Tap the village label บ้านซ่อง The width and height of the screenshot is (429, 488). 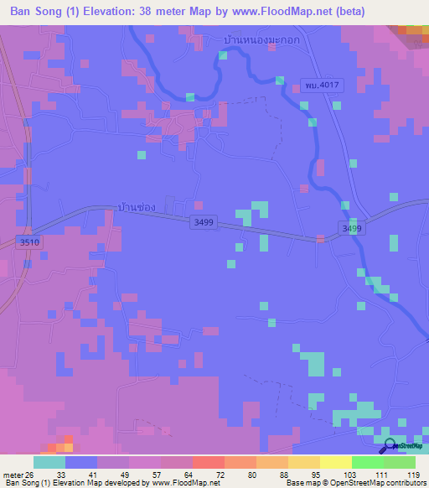click(138, 206)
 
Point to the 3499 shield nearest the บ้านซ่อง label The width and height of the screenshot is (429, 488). click(204, 222)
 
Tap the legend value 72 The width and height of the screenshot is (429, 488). click(219, 474)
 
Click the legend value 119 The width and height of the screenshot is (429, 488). click(412, 474)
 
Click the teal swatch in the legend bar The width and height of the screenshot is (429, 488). click(49, 462)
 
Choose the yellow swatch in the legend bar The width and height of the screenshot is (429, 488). click(336, 462)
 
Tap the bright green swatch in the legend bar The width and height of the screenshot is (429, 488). click(368, 462)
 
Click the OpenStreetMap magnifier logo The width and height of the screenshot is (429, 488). click(389, 446)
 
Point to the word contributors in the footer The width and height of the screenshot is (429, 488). click(405, 483)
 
